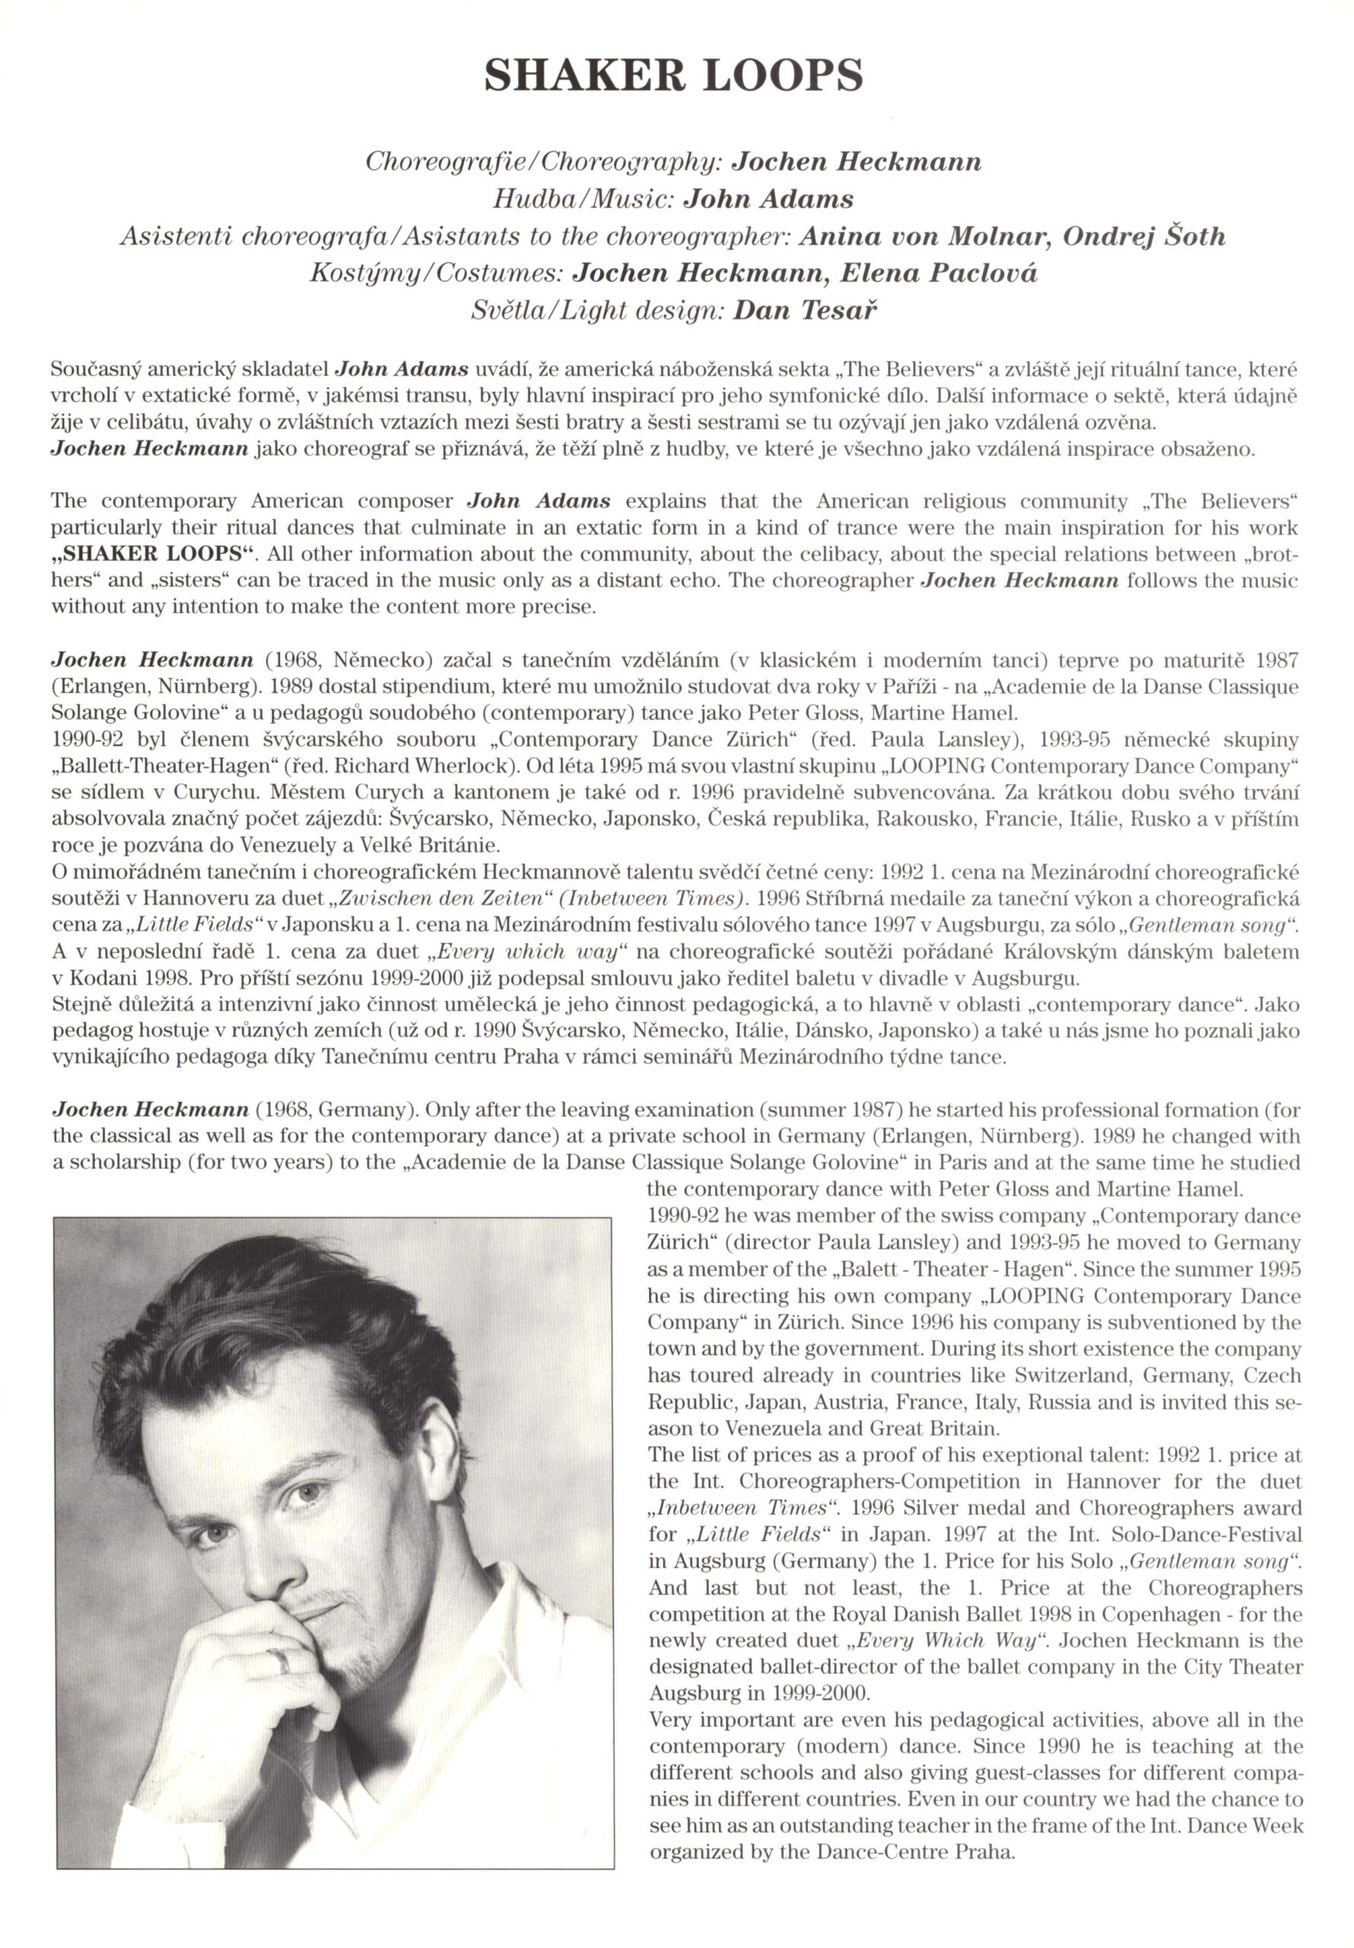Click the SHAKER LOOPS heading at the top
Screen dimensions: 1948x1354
coord(675,76)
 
